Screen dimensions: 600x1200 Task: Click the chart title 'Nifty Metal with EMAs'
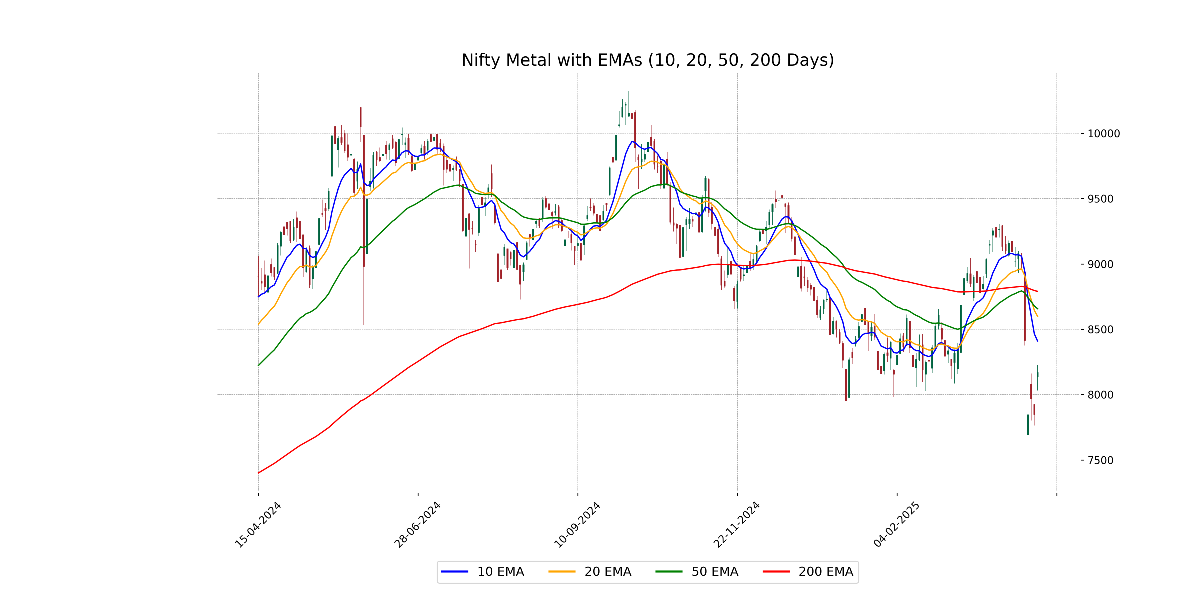click(x=647, y=60)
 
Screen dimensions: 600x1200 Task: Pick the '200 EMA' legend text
click(x=825, y=571)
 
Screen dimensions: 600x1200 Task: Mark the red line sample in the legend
click(x=776, y=571)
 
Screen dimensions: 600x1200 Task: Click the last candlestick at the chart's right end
click(x=1037, y=374)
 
